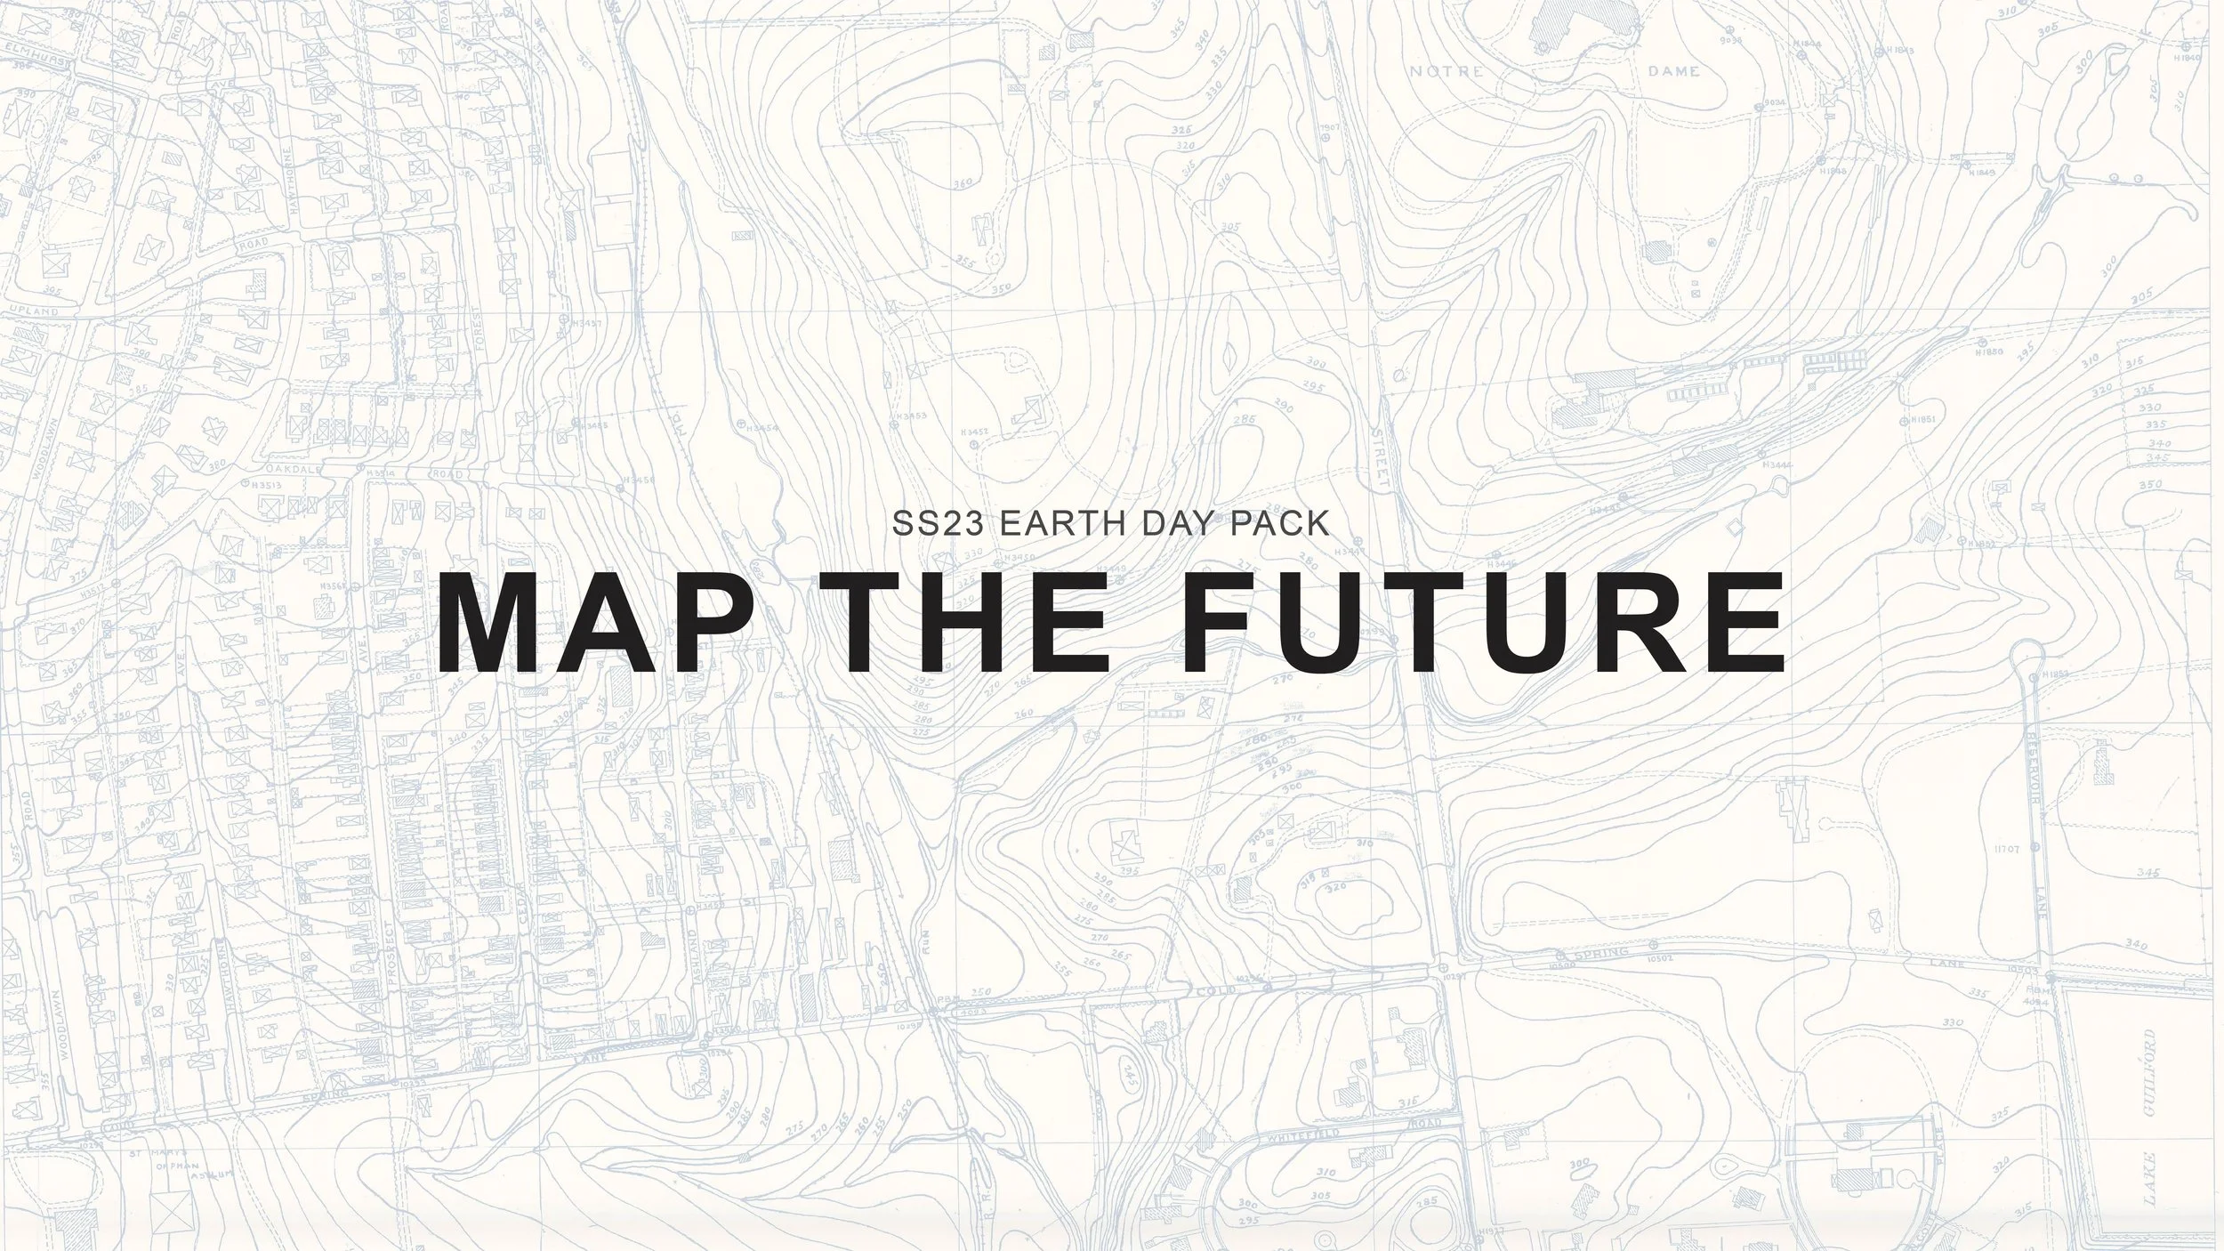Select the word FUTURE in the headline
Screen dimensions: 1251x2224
pyautogui.click(x=1480, y=623)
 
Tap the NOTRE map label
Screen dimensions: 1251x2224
pyautogui.click(x=1446, y=71)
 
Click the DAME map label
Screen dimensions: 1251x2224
pyautogui.click(x=1673, y=71)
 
